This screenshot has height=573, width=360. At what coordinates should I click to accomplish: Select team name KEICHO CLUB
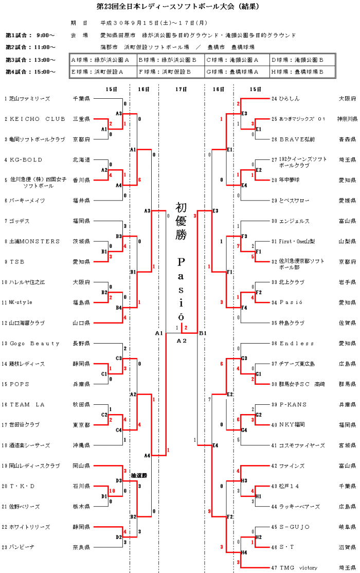38,119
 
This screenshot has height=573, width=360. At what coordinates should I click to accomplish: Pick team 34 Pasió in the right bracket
291,302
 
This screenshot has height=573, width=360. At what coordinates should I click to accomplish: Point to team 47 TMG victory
298,568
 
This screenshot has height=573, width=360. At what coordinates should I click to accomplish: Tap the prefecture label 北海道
81,160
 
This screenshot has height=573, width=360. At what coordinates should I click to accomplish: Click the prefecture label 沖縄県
81,445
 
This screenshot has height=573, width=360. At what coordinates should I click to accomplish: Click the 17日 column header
181,89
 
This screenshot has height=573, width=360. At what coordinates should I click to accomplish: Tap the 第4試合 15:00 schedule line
30,72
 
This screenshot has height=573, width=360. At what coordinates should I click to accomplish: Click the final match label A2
181,341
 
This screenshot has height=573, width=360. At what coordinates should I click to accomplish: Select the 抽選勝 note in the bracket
139,475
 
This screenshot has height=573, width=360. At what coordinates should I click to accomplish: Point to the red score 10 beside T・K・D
111,491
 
